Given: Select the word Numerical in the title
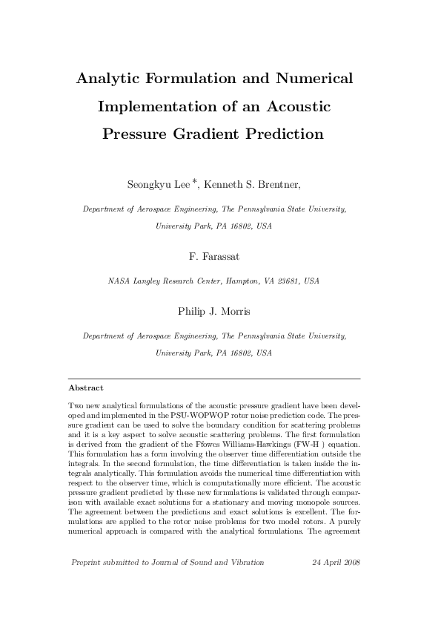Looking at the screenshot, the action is point(314,79).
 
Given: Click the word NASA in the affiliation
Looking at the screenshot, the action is point(119,281).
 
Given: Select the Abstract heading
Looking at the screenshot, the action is point(85,387).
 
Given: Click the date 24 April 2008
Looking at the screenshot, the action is point(336,562).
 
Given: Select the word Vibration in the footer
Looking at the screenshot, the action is point(246,562).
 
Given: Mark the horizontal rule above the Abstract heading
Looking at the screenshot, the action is point(214,379).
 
